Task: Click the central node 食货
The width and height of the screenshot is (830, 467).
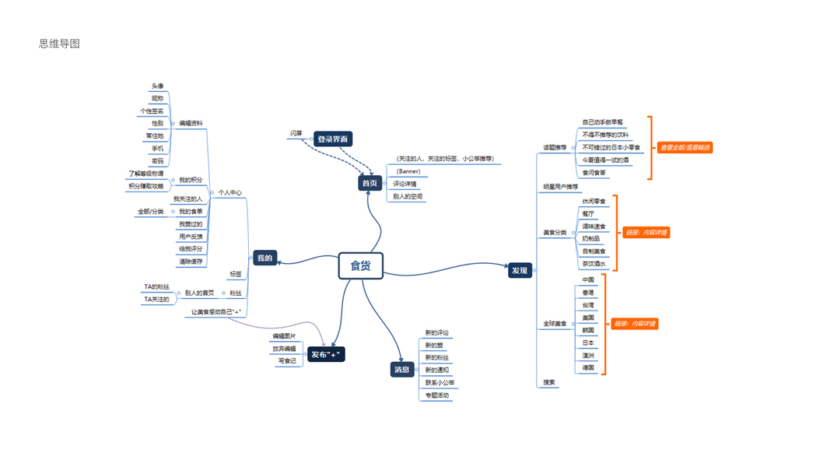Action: (361, 266)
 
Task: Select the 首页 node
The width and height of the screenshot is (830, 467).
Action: (369, 184)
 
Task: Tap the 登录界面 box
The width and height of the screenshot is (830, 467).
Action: (333, 139)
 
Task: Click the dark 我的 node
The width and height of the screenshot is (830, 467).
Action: (264, 258)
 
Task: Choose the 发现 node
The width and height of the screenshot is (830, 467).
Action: (520, 271)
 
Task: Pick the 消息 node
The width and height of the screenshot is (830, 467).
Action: (401, 370)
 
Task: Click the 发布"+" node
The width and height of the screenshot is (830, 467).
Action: (326, 355)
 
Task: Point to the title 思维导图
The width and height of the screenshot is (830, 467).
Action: (60, 44)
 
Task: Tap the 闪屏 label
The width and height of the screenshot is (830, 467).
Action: (296, 134)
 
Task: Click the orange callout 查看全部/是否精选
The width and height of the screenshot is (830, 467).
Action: (685, 147)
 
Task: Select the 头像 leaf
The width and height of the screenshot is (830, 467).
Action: (158, 86)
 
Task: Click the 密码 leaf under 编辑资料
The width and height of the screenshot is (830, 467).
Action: (158, 161)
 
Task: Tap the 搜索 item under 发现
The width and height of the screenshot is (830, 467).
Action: (549, 382)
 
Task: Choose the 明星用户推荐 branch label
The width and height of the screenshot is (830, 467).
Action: (561, 187)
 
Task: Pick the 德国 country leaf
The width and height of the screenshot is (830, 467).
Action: (588, 367)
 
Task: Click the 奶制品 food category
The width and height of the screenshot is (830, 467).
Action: (591, 239)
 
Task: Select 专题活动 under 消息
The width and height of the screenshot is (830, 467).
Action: (437, 395)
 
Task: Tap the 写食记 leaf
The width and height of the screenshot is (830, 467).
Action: (287, 361)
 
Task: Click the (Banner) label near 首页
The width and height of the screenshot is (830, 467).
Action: (408, 171)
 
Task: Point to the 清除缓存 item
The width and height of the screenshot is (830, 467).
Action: (191, 262)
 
